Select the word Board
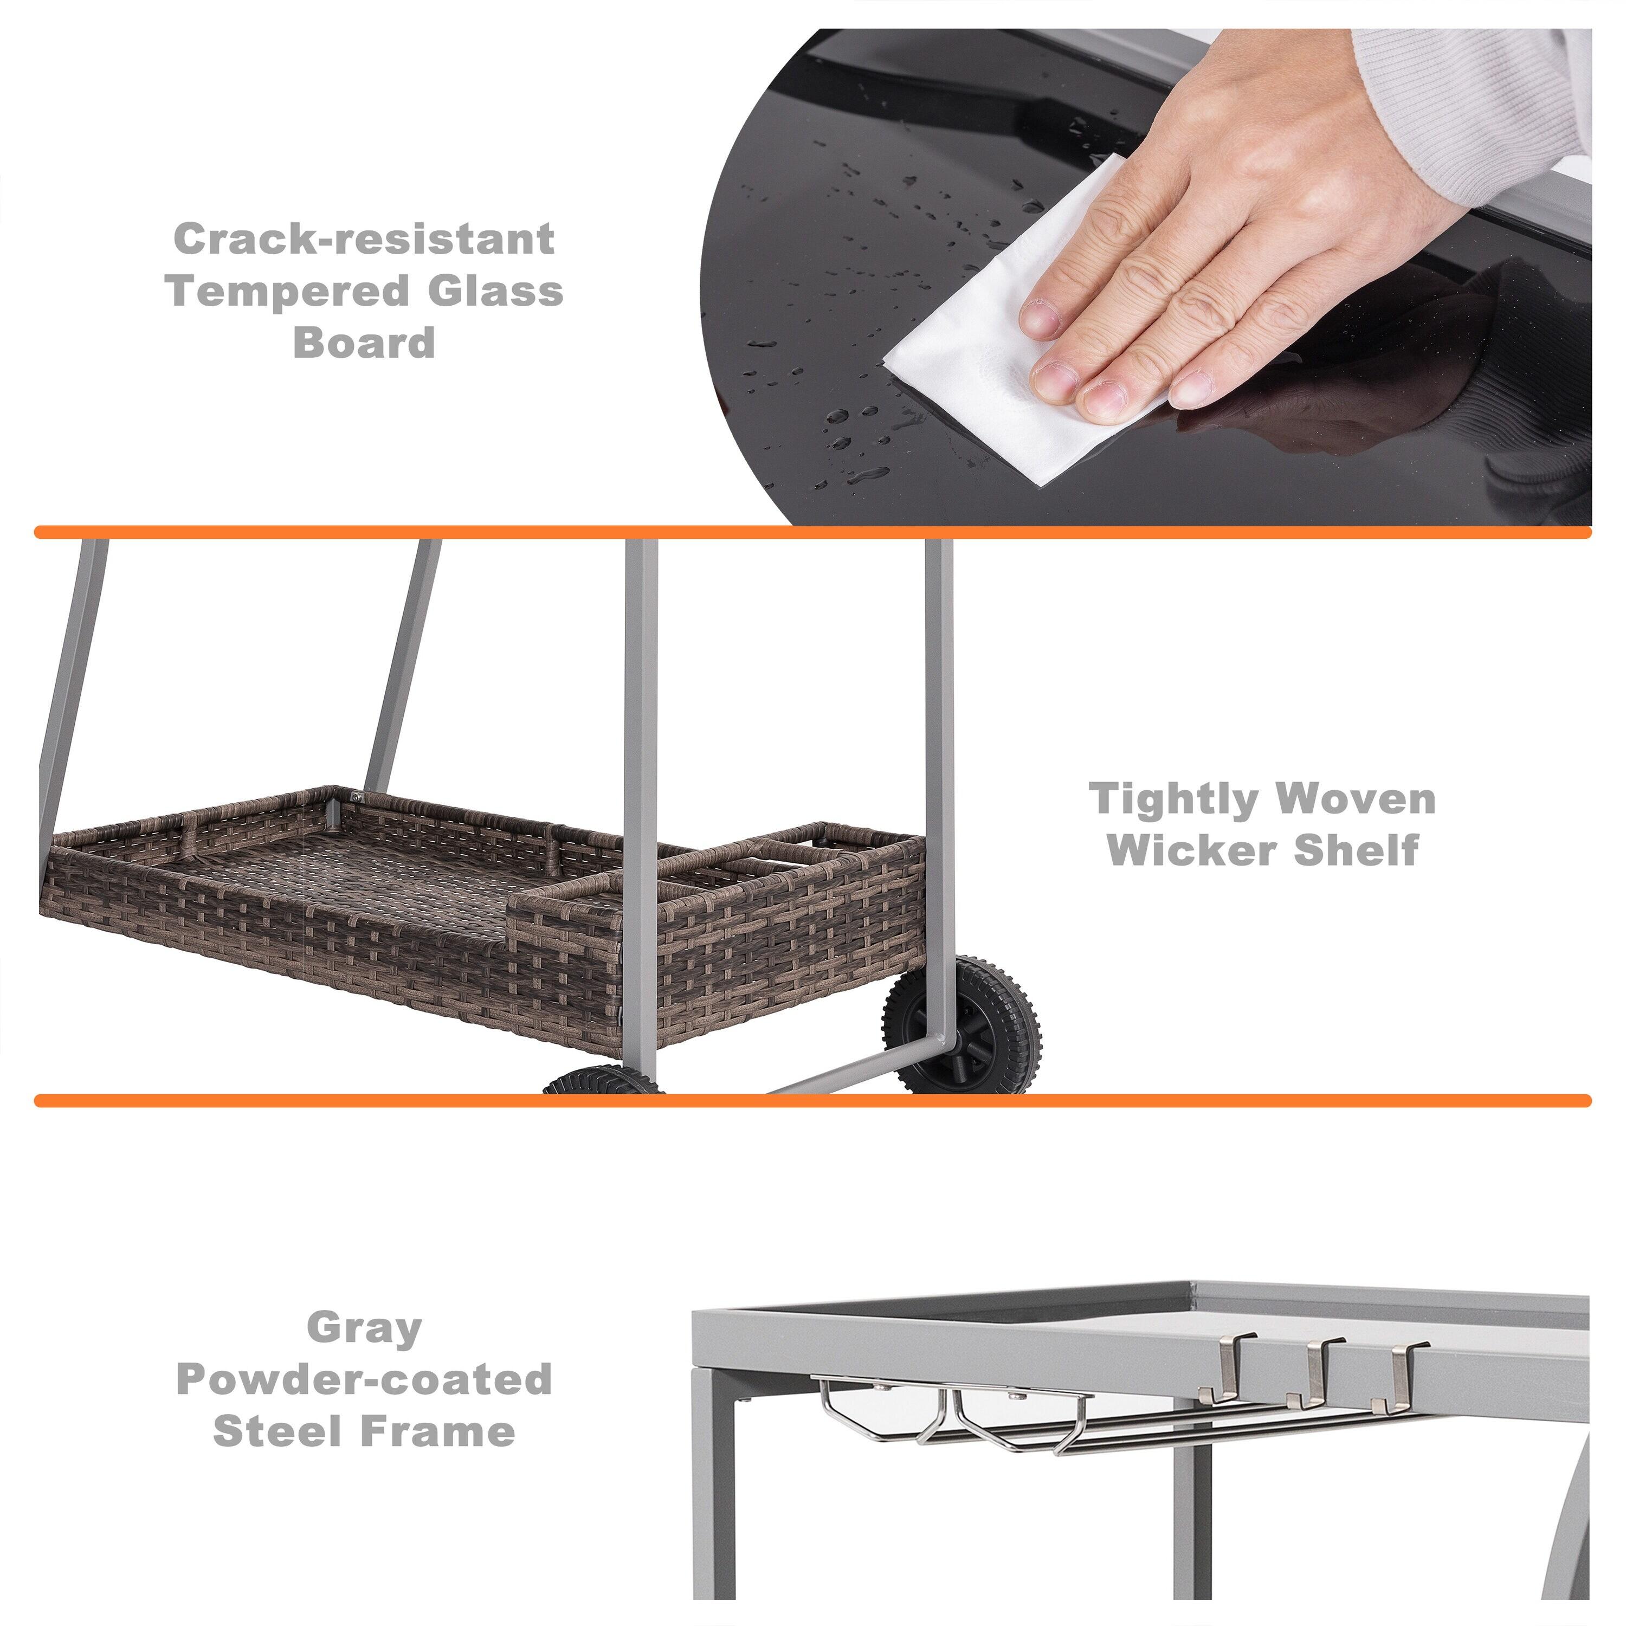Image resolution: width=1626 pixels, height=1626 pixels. tap(364, 344)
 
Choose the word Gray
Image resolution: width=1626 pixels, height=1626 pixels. tap(364, 1327)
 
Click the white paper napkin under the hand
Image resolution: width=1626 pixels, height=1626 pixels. tap(976, 353)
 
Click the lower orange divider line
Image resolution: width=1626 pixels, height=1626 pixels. tap(812, 1101)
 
